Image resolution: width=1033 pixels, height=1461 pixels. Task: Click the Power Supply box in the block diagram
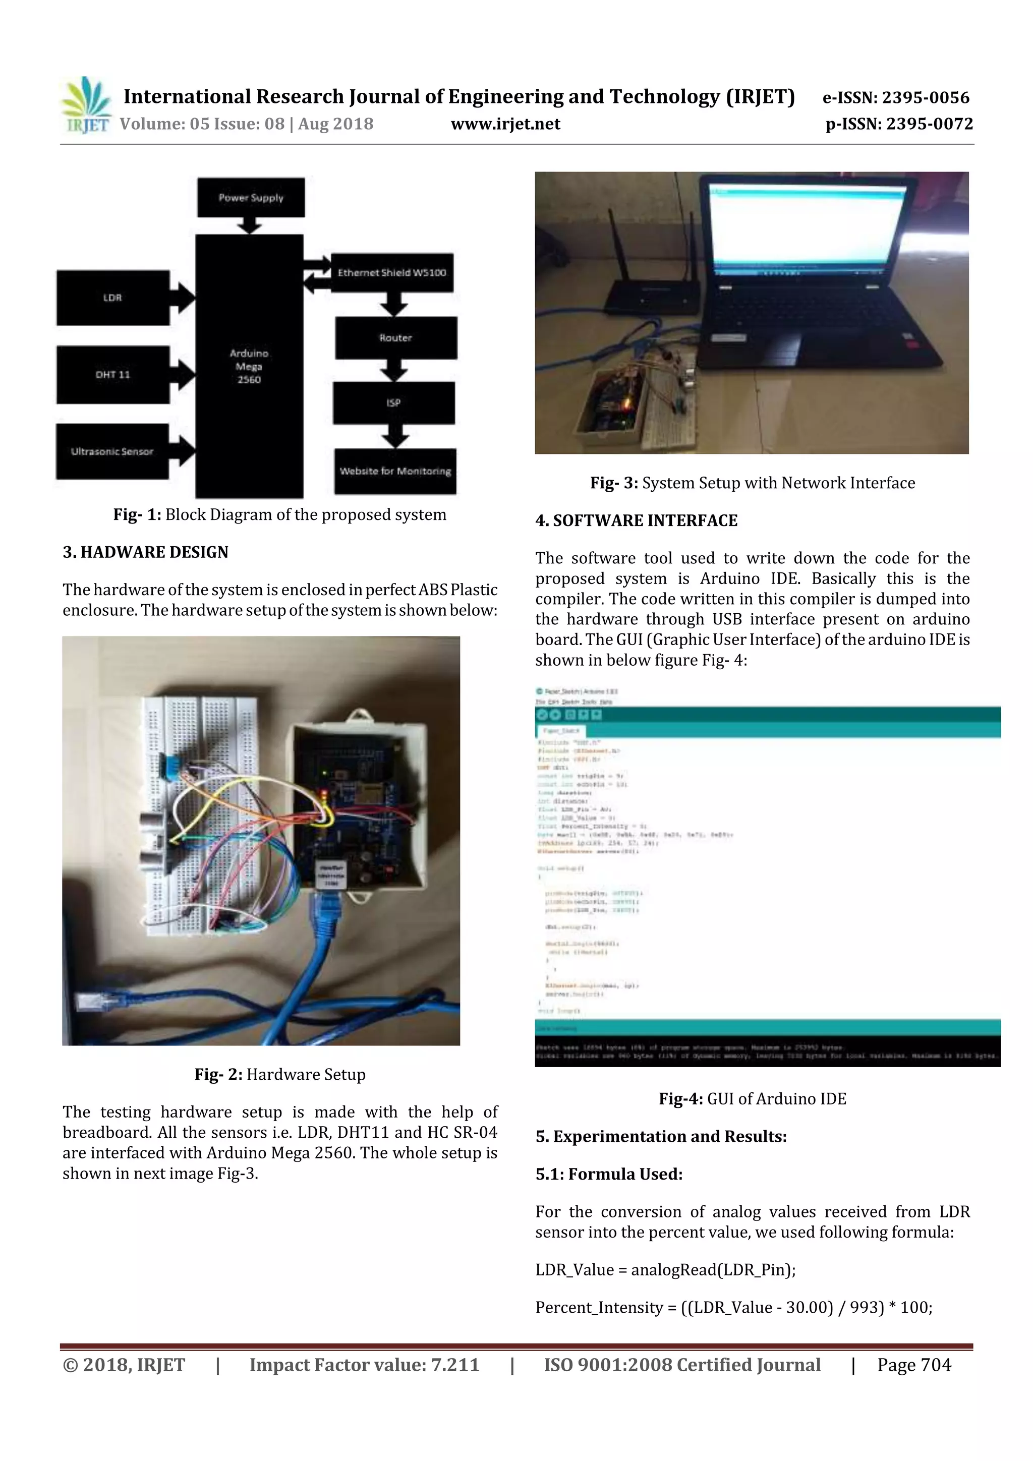251,197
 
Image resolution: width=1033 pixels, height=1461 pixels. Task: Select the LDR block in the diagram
112,297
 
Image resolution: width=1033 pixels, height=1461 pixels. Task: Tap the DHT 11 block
112,374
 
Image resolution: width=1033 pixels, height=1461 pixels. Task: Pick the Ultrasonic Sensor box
112,451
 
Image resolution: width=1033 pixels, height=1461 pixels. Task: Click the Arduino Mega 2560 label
249,366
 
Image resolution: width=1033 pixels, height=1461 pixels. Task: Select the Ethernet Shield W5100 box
392,272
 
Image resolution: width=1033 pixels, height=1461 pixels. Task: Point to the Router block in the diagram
395,337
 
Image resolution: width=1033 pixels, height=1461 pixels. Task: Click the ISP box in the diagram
393,402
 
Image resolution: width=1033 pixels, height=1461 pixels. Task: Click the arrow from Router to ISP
394,370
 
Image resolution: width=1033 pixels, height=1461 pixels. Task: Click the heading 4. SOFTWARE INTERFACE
636,520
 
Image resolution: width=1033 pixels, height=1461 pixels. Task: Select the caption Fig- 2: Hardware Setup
280,1075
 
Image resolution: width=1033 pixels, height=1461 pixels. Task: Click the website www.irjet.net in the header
505,124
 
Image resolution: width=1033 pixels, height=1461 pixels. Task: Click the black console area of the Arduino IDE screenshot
767,1051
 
